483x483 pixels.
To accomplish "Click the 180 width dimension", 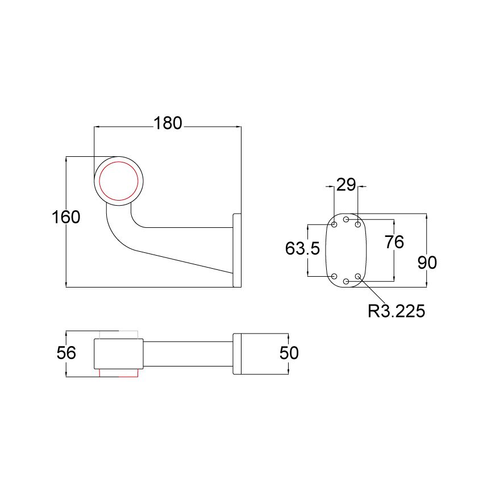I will pos(168,123).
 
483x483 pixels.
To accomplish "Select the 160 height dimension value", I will pos(65,217).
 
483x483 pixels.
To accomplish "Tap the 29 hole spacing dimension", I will pos(345,185).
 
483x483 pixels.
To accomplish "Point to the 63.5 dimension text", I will pos(303,248).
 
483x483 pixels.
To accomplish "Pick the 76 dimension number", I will pos(394,242).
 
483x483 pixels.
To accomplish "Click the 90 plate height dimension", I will pos(427,262).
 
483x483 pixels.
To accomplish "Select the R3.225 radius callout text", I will pos(397,311).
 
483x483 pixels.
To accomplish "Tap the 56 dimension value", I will pos(66,353).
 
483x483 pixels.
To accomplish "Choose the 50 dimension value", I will pos(289,353).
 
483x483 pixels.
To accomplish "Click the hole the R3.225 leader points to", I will pos(357,276).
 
